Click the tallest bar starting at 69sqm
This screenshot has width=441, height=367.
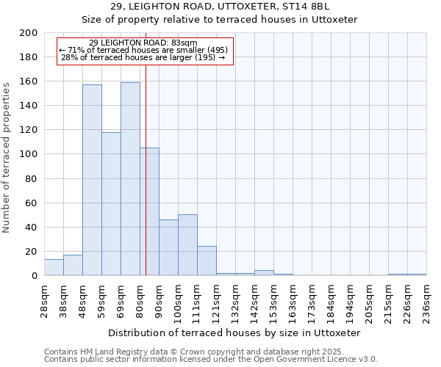click(x=130, y=178)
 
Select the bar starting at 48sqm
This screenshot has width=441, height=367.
click(x=92, y=180)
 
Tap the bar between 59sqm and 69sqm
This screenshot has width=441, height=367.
click(x=111, y=203)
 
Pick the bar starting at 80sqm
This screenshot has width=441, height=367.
click(x=149, y=211)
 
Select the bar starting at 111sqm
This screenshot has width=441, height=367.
click(x=207, y=261)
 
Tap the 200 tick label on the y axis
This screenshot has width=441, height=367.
click(x=29, y=33)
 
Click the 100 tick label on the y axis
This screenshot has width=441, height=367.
click(x=29, y=154)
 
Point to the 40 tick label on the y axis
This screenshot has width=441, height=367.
click(x=32, y=227)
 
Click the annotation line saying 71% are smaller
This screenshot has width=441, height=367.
click(x=144, y=50)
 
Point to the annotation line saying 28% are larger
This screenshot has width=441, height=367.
click(x=144, y=57)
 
